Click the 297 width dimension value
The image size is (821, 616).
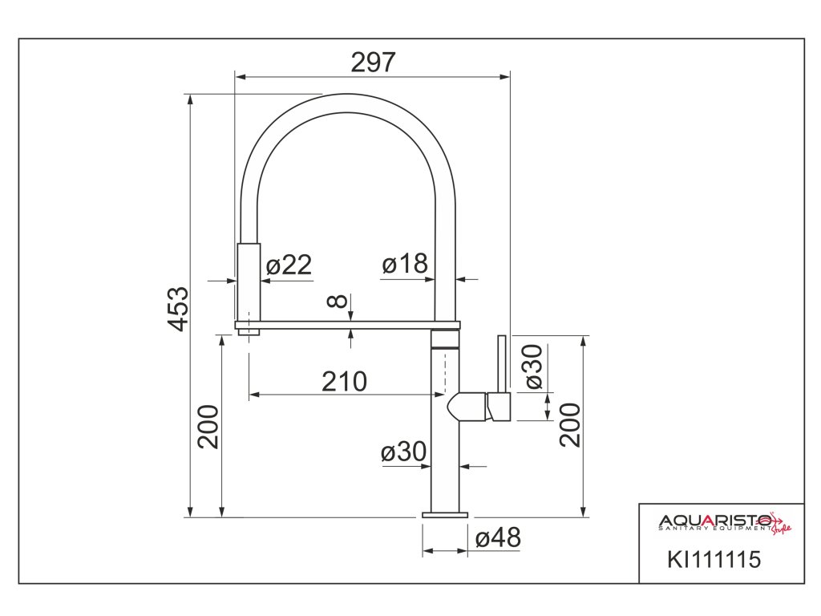click(x=373, y=63)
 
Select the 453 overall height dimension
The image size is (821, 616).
click(x=179, y=309)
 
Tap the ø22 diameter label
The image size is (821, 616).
click(x=289, y=265)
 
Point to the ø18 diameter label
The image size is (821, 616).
click(x=405, y=263)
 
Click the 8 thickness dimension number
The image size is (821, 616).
click(x=338, y=301)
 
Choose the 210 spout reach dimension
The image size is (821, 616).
click(x=344, y=381)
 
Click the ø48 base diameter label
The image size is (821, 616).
click(x=498, y=538)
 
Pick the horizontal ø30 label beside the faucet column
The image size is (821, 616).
click(x=404, y=452)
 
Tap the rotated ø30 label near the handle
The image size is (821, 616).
click(x=533, y=367)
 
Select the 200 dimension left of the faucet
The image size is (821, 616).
click(x=208, y=427)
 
